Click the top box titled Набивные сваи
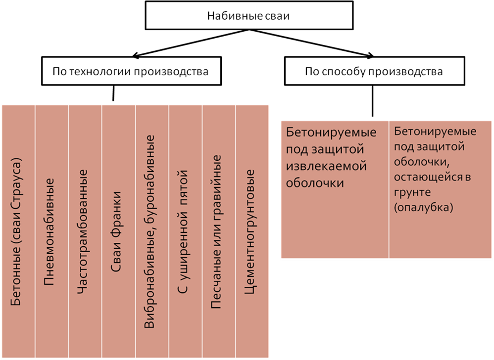pos(248,16)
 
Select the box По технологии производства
pos(131,72)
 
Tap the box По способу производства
pos(374,72)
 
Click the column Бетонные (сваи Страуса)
pos(18,231)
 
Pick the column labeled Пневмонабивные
pos(51,231)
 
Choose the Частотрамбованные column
pos(85,231)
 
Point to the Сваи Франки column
pos(118,231)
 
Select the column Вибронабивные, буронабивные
pos(151,231)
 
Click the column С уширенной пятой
pos(185,231)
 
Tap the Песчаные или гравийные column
pos(218,231)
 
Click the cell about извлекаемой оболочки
pos(335,189)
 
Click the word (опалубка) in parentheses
pos(424,208)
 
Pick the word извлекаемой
pos(326,166)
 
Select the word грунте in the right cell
pos(413,191)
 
